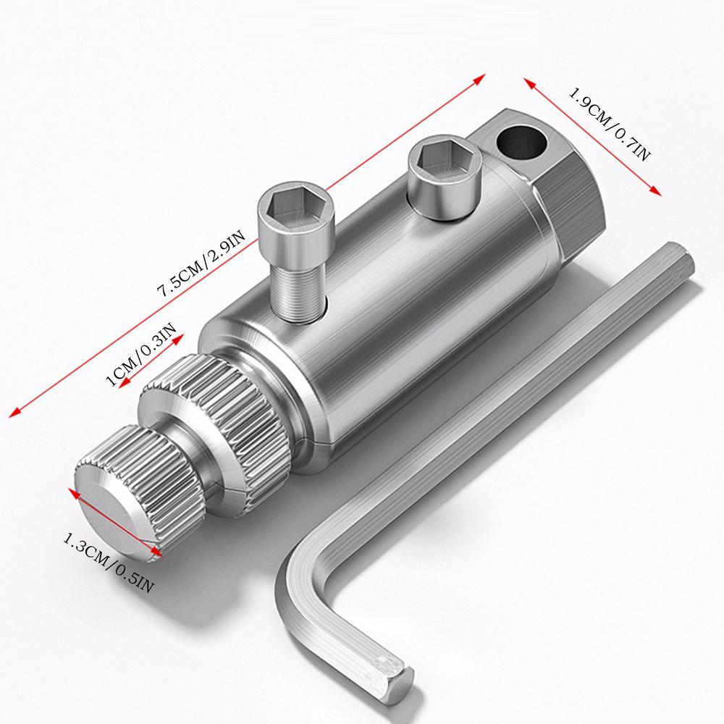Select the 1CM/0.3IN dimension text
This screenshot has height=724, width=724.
pos(141,355)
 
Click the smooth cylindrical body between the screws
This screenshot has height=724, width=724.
pos(376,268)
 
